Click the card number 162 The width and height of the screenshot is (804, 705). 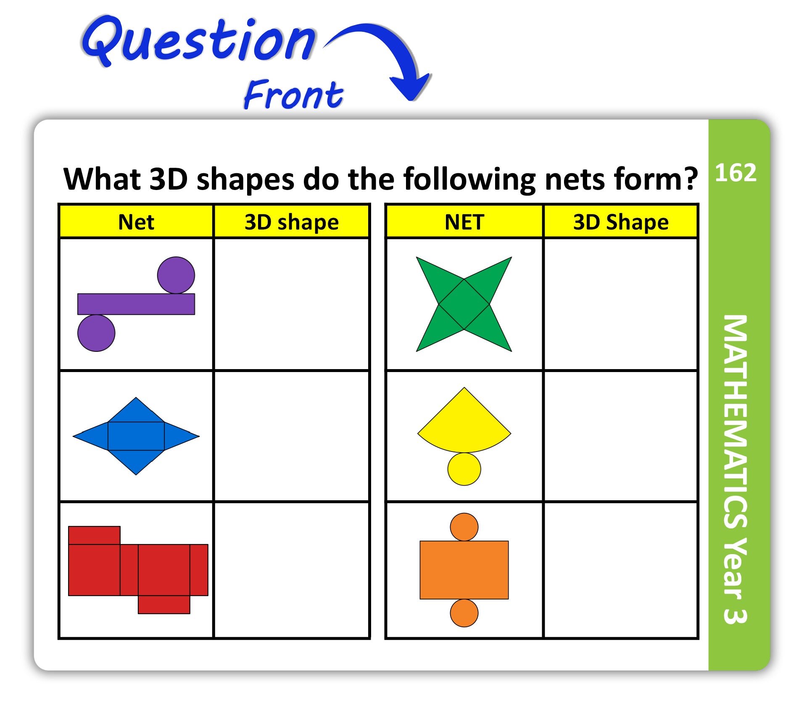[x=735, y=172]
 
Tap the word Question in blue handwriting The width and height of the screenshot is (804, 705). [x=198, y=41]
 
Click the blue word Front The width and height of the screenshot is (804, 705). [x=293, y=94]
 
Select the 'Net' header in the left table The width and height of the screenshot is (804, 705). [x=136, y=222]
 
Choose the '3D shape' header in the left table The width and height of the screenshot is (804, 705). [x=292, y=222]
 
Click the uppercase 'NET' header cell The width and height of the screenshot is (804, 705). [x=464, y=222]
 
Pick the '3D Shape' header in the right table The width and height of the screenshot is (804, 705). [x=621, y=222]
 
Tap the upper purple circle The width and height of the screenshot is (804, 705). [x=176, y=275]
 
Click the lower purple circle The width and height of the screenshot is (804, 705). [x=96, y=333]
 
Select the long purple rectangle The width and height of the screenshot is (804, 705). [x=136, y=304]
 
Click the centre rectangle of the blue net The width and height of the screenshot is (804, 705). [x=136, y=436]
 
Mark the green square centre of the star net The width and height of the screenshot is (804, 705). [x=464, y=304]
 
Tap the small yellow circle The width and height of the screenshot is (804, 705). [x=464, y=469]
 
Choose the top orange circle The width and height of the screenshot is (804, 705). [x=464, y=527]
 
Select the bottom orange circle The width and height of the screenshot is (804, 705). [x=464, y=613]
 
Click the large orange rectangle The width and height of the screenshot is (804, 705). [x=464, y=570]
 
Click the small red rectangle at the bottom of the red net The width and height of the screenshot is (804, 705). [x=164, y=605]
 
